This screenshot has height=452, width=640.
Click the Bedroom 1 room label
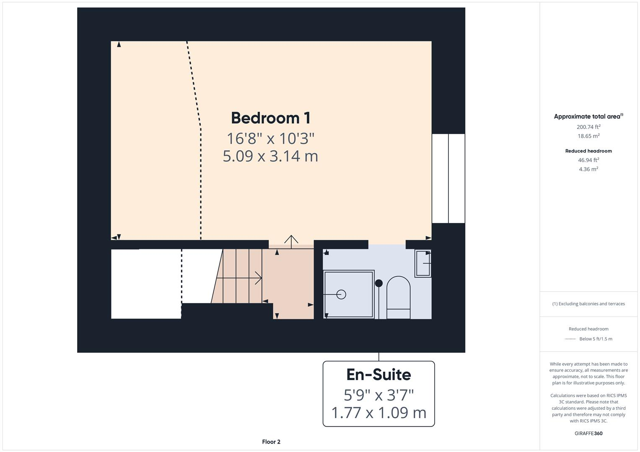[x=271, y=118]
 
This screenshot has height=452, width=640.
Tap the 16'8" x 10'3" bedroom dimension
[x=271, y=138]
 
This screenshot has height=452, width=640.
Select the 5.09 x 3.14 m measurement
[x=271, y=156]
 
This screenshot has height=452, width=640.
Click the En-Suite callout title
[x=378, y=375]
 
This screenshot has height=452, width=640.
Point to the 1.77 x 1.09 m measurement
[x=378, y=413]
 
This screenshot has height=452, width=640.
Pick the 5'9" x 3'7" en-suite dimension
[x=378, y=394]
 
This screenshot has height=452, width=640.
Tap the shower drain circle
[x=341, y=295]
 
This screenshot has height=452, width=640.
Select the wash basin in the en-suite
[x=423, y=263]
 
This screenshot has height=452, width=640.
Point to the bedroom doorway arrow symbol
[x=291, y=240]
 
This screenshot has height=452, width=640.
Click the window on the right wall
[x=448, y=178]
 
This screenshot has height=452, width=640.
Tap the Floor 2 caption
[x=271, y=442]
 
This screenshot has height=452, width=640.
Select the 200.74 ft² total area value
[x=588, y=127]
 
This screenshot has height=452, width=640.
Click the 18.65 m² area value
[x=588, y=136]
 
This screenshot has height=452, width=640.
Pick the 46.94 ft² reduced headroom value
[x=588, y=160]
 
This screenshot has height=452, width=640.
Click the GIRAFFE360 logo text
[x=588, y=433]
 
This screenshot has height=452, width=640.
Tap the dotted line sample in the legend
[x=570, y=339]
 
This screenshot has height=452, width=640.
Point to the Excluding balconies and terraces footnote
[x=588, y=304]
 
